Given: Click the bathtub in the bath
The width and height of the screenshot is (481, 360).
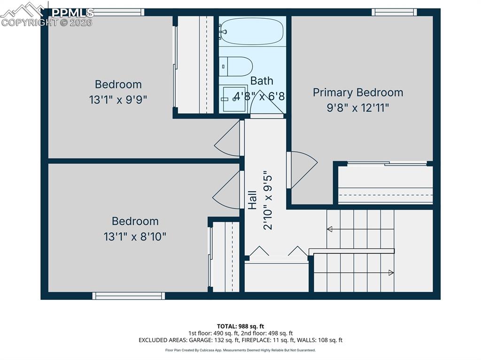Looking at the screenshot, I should click(x=252, y=31).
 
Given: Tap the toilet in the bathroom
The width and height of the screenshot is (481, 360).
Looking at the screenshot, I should click(x=237, y=66).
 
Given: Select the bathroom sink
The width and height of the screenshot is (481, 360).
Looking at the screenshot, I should click(x=233, y=99).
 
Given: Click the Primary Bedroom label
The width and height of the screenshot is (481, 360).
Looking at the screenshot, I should click(x=358, y=92).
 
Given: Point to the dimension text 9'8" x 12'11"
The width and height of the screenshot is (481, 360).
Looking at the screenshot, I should click(x=358, y=108).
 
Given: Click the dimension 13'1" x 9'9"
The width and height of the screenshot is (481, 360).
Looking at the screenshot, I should click(x=118, y=100).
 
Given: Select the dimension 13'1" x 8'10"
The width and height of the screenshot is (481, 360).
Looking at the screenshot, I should click(x=135, y=237).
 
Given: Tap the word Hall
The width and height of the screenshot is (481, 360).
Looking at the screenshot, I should click(x=252, y=199).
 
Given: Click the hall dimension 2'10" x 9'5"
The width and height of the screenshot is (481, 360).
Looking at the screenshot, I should click(x=268, y=199).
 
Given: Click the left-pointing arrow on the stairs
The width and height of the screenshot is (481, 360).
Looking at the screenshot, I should click(x=330, y=229).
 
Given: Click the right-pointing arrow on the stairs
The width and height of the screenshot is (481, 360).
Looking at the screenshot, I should click(x=391, y=272).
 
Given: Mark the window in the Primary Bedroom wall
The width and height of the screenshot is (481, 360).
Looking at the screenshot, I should click(x=394, y=12).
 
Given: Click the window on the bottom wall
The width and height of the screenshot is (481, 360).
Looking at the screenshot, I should click(x=129, y=296).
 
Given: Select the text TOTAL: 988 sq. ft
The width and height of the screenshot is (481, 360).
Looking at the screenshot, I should click(x=240, y=326).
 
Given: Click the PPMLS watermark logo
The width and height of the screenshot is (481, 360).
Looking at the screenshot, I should click(x=47, y=14).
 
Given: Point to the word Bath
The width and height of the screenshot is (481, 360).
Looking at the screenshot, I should click(x=262, y=81).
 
